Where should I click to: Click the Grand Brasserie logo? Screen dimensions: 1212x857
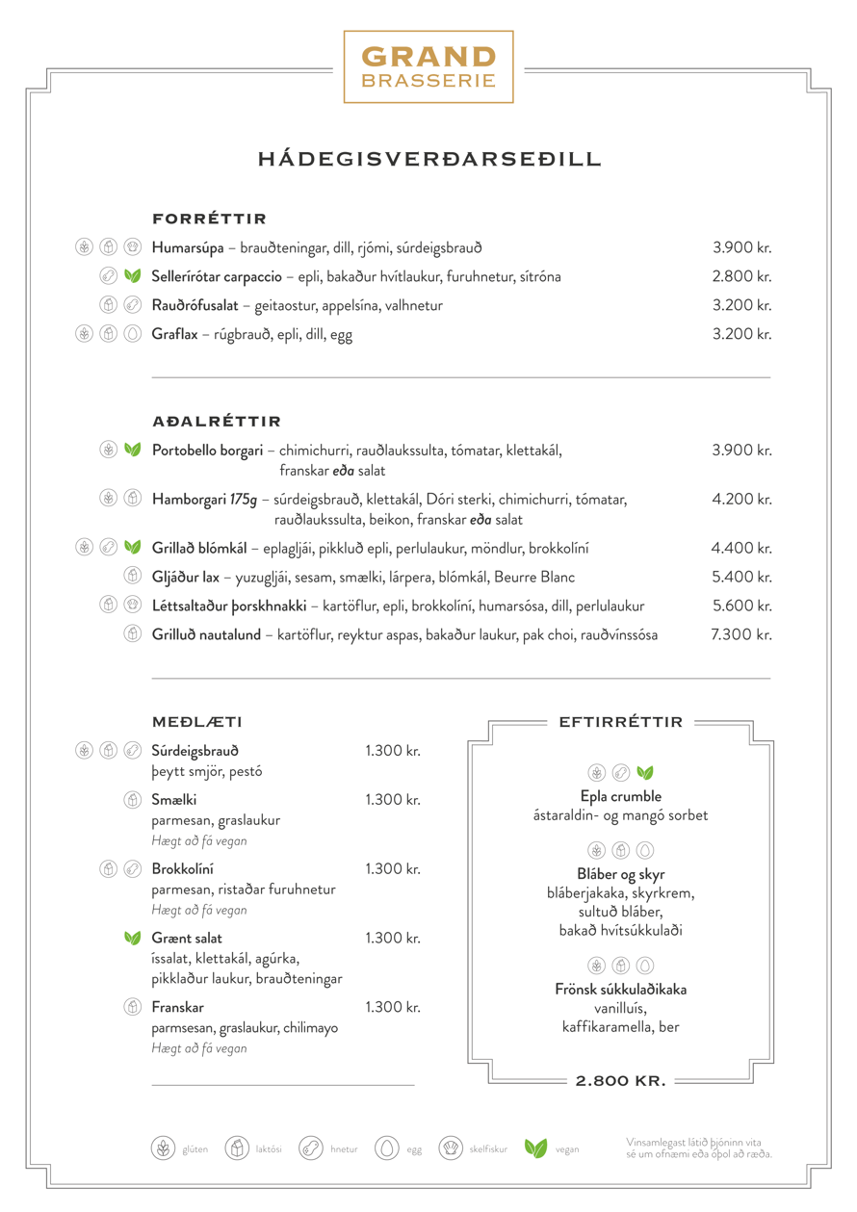coord(428,66)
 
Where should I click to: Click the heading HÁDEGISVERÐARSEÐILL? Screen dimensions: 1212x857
coord(428,159)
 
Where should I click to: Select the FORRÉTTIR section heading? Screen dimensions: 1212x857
coord(209,219)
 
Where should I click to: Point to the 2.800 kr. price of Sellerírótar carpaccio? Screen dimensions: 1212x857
coord(741,277)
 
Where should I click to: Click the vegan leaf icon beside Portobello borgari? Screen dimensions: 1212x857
coord(133,450)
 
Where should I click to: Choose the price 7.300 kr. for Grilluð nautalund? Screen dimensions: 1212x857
coord(741,635)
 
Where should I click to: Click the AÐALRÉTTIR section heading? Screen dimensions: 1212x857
coord(216,422)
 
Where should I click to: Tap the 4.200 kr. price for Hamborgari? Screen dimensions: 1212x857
coord(741,500)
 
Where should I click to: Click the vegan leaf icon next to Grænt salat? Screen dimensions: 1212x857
coord(133,939)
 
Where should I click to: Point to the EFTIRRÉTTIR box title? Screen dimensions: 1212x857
coord(621,722)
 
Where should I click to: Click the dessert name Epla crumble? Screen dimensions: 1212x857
coord(621,797)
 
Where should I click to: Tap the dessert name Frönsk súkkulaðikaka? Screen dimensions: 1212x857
coord(621,990)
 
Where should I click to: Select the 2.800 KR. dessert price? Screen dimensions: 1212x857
coord(621,1081)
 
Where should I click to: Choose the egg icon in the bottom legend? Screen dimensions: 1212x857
coord(387,1148)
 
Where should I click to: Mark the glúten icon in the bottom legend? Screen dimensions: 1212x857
coord(163,1148)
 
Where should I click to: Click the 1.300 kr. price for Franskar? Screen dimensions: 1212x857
coord(393,1008)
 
